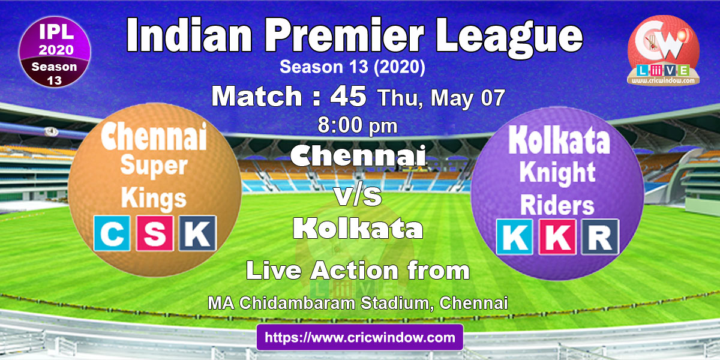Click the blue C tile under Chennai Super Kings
pos(112,233)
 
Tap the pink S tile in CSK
pos(155,233)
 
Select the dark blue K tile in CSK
pos(197,233)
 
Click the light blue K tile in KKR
pos(514,237)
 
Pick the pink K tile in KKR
pos(557,237)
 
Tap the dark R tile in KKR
pos(600,237)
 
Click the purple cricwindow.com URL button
pos(360,337)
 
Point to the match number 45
pos(349,96)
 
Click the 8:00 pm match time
pos(358,125)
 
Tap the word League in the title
pos(509,38)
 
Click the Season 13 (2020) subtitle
pos(352,67)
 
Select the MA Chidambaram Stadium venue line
pos(358,303)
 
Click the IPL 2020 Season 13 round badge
pos(55,52)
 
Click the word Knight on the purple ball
pos(557,173)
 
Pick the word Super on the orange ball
pos(154,167)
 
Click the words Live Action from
pos(358,271)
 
